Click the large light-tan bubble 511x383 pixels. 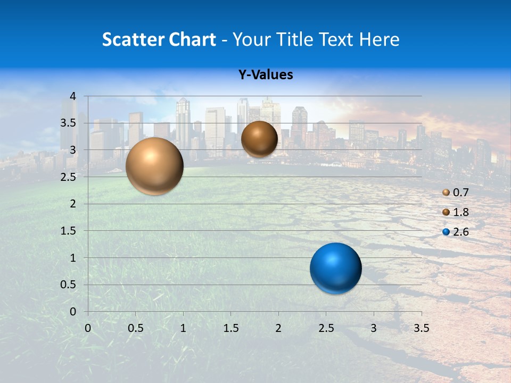tap(154, 166)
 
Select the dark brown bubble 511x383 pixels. tap(259, 139)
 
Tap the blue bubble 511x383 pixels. tap(335, 268)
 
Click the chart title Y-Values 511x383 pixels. tap(266, 75)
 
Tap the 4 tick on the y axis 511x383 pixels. tap(73, 96)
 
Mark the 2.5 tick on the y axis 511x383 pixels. tap(69, 177)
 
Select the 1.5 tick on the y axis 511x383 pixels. tap(69, 231)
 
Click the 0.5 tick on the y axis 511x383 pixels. tap(69, 285)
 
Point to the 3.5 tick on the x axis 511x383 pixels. tap(421, 328)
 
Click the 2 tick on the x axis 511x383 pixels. tap(278, 328)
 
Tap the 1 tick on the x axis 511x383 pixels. tap(183, 328)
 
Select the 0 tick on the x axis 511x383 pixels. tap(88, 328)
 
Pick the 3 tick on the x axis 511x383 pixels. tap(374, 328)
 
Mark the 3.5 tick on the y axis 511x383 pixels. tap(69, 123)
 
